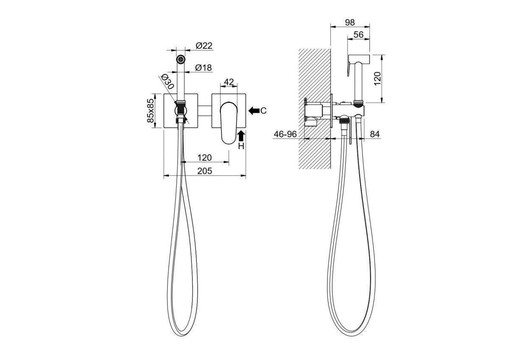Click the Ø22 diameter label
[204, 46]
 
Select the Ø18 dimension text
[203, 68]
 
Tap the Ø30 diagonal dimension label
[168, 81]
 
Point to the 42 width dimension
[229, 82]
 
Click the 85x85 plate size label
[151, 111]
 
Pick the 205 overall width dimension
[204, 171]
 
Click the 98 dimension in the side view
[350, 22]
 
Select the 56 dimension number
[358, 35]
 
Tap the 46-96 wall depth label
[285, 134]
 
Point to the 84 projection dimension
[375, 134]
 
